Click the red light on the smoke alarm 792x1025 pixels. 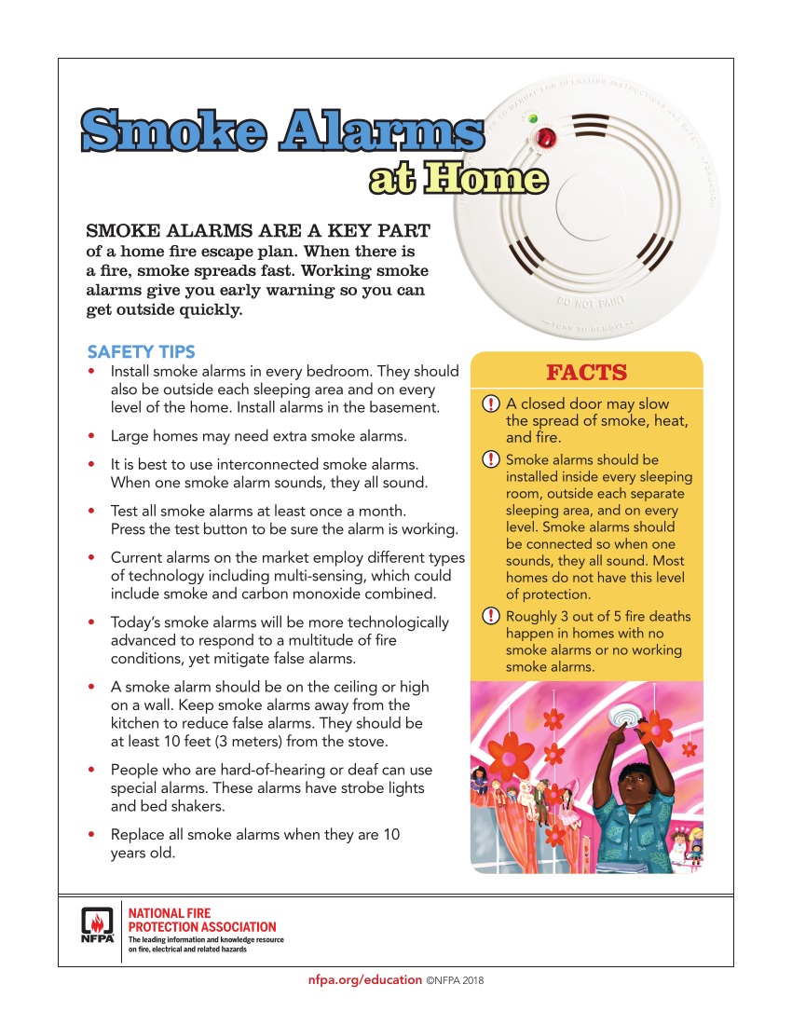(x=544, y=140)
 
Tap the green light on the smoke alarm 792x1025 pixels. (x=532, y=118)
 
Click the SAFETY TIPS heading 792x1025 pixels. (x=141, y=351)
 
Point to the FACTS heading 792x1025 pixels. (x=586, y=373)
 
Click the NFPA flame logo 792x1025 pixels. (x=96, y=925)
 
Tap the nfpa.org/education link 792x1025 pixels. (x=364, y=980)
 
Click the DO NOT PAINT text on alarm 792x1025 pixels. (x=590, y=302)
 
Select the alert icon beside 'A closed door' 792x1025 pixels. (x=491, y=404)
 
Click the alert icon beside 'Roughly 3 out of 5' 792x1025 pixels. (x=491, y=617)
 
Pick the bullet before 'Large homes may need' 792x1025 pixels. (x=90, y=435)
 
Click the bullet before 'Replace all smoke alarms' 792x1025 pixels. (x=90, y=835)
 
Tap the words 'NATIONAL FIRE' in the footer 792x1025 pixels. (x=170, y=913)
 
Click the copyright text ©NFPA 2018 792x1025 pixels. (x=456, y=980)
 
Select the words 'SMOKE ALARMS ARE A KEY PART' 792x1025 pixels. (x=258, y=230)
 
